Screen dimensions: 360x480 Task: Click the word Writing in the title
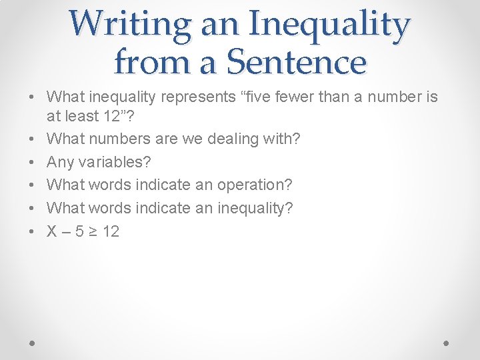tap(125, 24)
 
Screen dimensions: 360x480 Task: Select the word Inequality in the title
tap(329, 24)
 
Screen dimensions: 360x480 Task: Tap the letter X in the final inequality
tap(51, 231)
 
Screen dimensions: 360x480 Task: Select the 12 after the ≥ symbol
tap(110, 231)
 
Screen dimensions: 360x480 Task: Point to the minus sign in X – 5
tap(66, 231)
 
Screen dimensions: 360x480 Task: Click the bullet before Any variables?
tap(32, 162)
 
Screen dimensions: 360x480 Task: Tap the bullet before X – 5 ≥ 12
tap(32, 231)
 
